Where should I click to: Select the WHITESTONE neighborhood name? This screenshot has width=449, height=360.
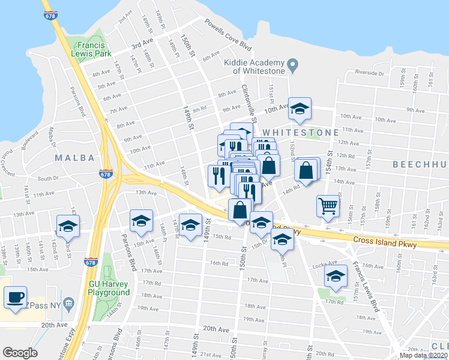[297, 132]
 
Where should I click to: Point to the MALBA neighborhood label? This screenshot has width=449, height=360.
[75, 158]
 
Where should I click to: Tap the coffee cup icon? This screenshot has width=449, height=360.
[16, 296]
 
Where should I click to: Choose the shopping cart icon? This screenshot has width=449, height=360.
[328, 206]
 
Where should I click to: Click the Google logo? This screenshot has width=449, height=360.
[20, 352]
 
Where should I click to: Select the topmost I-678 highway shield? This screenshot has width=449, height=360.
[50, 16]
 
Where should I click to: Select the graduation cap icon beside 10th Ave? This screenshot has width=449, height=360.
[300, 109]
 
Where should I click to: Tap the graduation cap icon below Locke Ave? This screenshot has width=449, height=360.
[336, 276]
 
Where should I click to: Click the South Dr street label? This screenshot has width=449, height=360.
[47, 178]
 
